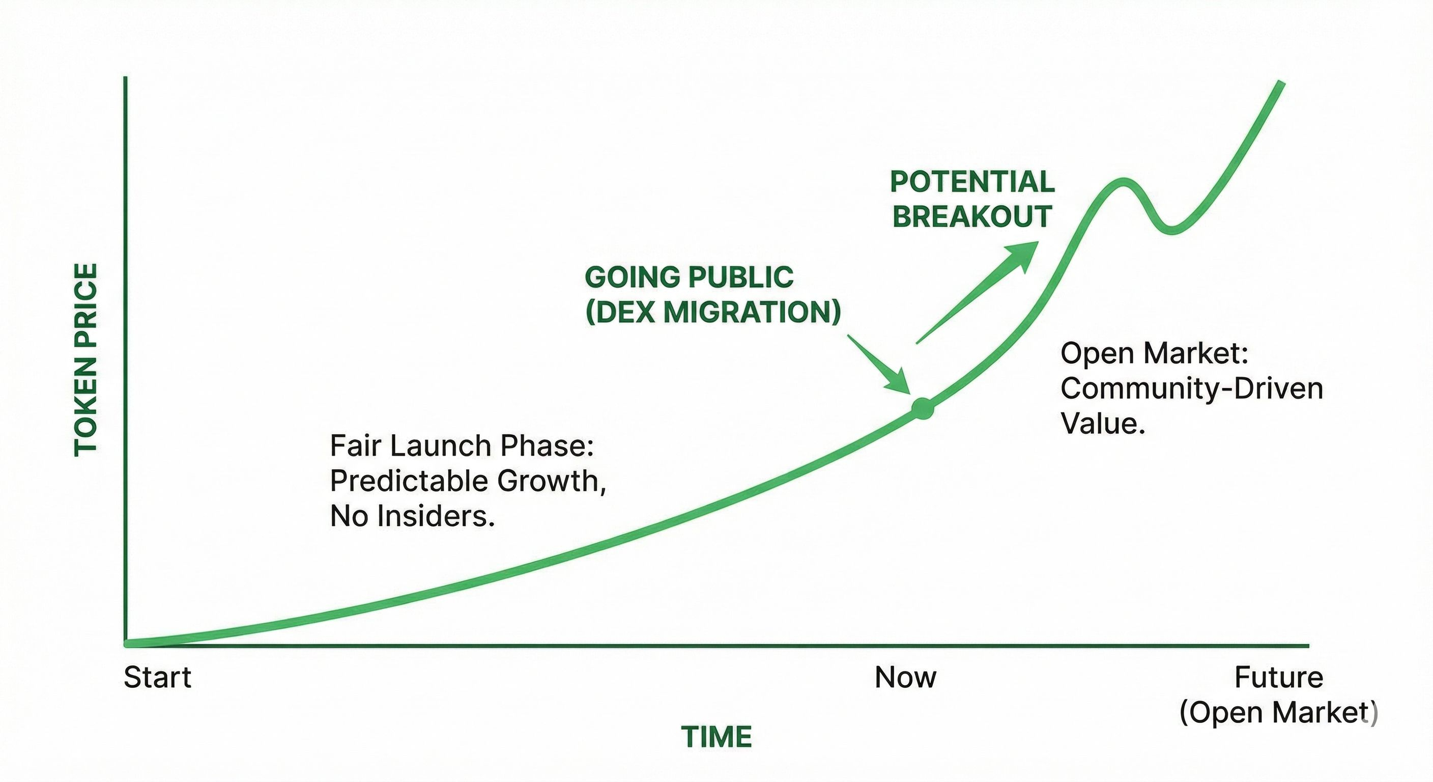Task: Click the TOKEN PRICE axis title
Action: (85, 360)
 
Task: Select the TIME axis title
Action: (716, 737)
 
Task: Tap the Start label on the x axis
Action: (157, 677)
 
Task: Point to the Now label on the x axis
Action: (906, 677)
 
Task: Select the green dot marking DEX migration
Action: (922, 408)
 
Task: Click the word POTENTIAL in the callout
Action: (972, 182)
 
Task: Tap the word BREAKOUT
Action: (972, 216)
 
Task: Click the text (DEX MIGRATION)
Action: (713, 312)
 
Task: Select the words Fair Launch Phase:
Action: (462, 446)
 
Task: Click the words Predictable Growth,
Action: (468, 481)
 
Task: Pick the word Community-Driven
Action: (1192, 388)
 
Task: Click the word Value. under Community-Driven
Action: (1103, 424)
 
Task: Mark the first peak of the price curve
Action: (1123, 181)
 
